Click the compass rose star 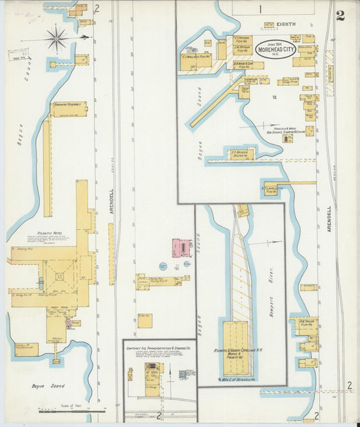(57, 38)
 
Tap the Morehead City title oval (276, 49)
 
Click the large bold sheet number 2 (340, 16)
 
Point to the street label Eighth (286, 24)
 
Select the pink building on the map (181, 248)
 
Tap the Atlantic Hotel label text (32, 232)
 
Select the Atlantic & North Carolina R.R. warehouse (237, 348)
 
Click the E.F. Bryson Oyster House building (241, 154)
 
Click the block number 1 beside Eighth (259, 9)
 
